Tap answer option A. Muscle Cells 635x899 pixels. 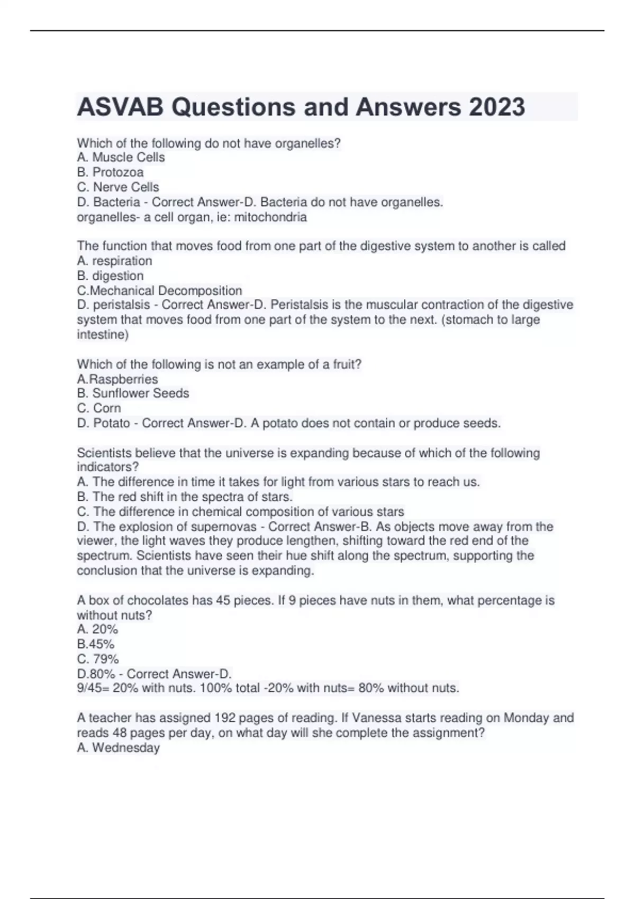[x=121, y=158]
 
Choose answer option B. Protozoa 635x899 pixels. [x=110, y=172]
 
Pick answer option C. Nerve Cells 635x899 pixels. [x=118, y=187]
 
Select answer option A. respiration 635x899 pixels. [x=114, y=261]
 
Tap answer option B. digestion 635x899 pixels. [x=110, y=276]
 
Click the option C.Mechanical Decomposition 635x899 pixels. [x=159, y=290]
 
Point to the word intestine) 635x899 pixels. [x=103, y=335]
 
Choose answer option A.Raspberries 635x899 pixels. [x=117, y=379]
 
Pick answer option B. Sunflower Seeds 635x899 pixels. [x=133, y=393]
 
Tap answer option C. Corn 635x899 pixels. [x=99, y=408]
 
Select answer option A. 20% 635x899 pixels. [x=97, y=629]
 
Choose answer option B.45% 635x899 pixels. [x=96, y=644]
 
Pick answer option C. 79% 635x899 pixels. [x=98, y=659]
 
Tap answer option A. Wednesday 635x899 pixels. [x=118, y=748]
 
